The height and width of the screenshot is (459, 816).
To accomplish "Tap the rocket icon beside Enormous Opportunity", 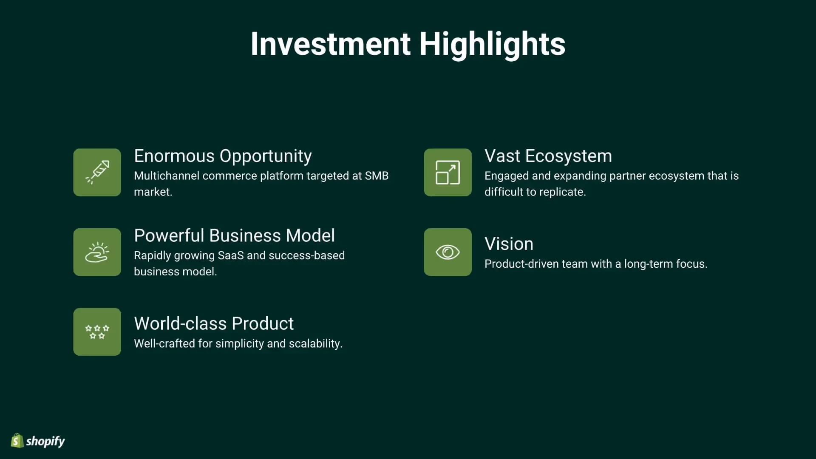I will [x=97, y=172].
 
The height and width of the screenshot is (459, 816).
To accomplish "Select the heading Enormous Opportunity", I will [x=223, y=156].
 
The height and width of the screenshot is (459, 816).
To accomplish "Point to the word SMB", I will [x=377, y=176].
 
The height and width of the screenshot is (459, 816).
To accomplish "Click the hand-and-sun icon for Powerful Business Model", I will [x=97, y=252].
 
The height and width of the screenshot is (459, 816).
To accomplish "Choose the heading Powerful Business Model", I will [x=234, y=235].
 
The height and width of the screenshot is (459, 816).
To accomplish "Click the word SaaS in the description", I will [x=230, y=255].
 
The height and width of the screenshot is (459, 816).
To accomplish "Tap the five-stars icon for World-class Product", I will [x=97, y=331].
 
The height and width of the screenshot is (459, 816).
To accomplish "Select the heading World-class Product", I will [x=214, y=323].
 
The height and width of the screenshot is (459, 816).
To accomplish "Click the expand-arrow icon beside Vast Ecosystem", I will [x=448, y=172].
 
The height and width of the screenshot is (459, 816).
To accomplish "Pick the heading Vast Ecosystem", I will [x=548, y=156].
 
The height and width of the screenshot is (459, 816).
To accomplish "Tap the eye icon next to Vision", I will [x=448, y=252].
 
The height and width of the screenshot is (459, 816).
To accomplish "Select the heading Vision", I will [x=509, y=244].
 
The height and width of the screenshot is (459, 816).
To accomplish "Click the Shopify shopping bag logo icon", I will [x=17, y=441].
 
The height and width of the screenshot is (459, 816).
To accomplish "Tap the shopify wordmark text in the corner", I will [x=45, y=441].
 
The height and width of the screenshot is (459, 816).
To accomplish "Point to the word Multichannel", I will [x=167, y=176].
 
